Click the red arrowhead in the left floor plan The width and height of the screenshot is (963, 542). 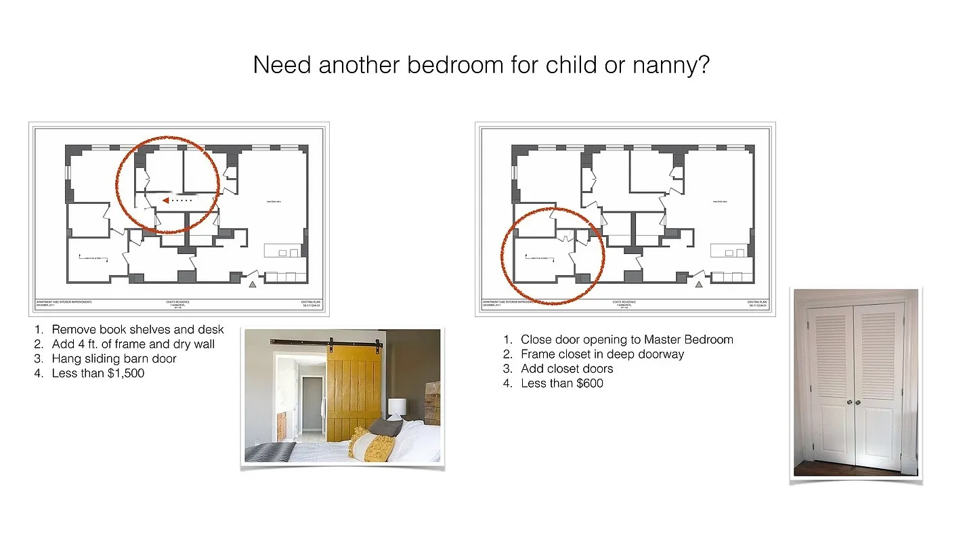165,200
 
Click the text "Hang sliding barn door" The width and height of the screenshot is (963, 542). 114,358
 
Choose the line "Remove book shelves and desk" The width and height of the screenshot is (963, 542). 137,330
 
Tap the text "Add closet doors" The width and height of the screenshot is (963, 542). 567,369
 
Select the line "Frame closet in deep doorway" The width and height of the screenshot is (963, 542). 602,354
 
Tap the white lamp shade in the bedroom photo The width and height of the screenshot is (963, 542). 397,406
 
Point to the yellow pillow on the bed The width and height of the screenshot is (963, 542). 372,445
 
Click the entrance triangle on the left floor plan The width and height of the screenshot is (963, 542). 253,285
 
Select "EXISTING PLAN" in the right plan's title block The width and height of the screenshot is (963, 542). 756,301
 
